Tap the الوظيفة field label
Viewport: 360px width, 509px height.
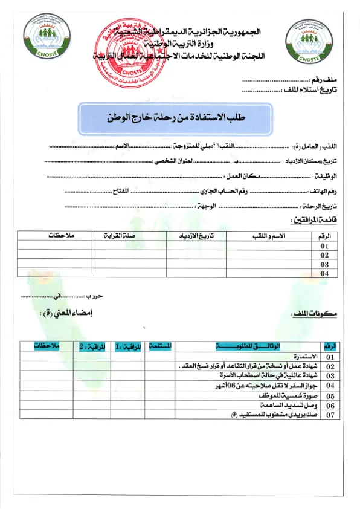327,176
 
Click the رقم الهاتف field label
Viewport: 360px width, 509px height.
327,191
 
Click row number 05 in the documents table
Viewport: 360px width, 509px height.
330,396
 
